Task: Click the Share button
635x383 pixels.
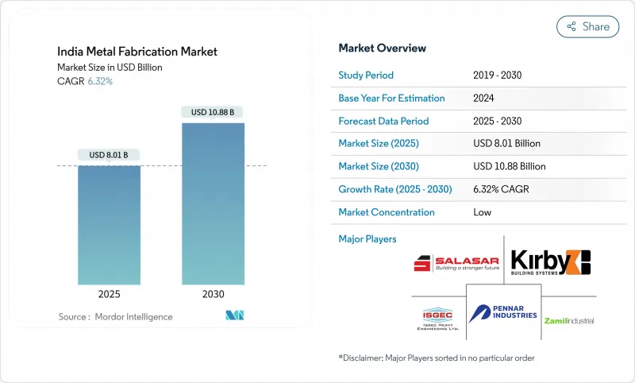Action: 587,26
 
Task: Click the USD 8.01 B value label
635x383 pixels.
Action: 109,154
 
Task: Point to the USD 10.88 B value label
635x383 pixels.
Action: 213,112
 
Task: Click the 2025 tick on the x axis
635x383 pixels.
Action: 109,293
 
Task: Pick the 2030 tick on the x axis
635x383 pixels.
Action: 213,293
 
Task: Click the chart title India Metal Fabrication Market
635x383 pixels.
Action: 137,52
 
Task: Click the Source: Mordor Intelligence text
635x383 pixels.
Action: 115,316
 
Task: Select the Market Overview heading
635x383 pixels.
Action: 382,48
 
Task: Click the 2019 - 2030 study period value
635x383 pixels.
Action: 498,75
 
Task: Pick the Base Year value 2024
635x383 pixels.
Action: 483,99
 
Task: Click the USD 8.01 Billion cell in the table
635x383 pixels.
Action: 506,144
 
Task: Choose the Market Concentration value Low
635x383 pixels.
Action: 482,212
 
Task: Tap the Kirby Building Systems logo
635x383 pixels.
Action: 550,263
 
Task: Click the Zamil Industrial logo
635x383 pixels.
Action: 568,320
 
